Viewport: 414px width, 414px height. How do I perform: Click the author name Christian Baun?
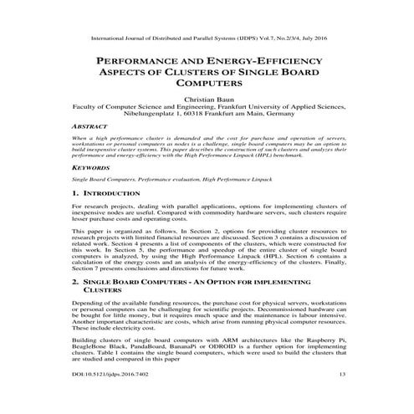coord(206,97)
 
